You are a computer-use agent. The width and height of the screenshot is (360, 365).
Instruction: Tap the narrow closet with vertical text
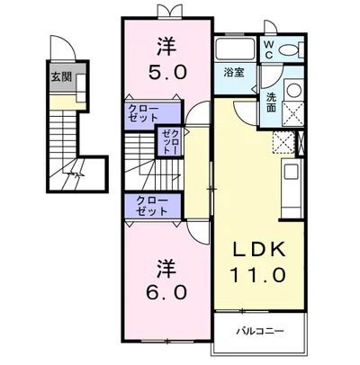(x=170, y=141)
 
